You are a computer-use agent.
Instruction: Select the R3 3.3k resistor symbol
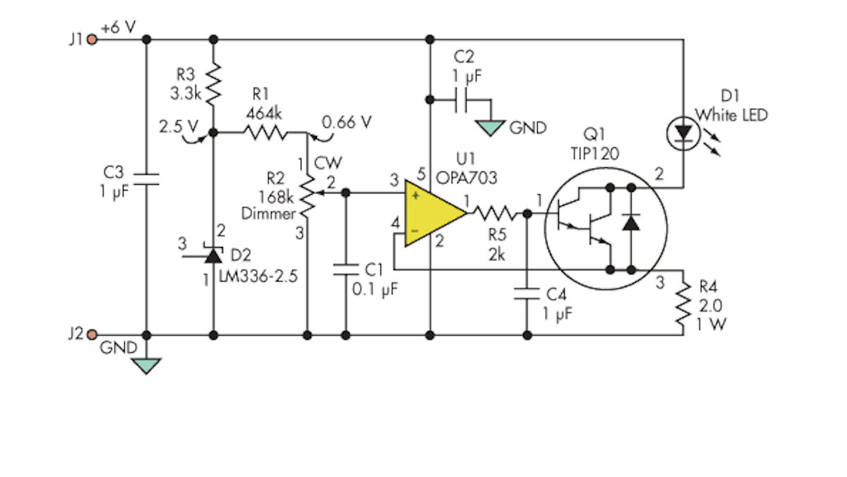[214, 83]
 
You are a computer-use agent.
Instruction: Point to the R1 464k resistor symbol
[265, 132]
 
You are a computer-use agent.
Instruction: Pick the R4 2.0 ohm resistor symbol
[683, 304]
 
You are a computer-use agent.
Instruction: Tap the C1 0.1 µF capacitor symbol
[346, 270]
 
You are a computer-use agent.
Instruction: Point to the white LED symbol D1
[683, 133]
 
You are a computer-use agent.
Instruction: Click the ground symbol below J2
[147, 365]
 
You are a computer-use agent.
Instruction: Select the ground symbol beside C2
[491, 128]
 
